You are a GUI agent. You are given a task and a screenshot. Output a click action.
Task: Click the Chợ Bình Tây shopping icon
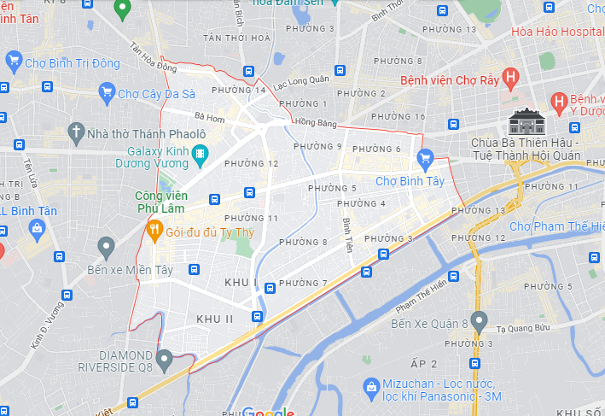(x=426, y=158)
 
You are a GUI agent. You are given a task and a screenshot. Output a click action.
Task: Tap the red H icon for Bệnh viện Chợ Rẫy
(x=510, y=79)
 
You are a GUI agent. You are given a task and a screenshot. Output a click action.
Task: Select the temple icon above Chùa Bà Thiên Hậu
(x=524, y=125)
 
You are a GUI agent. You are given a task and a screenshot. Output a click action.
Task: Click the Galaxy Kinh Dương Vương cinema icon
(x=201, y=154)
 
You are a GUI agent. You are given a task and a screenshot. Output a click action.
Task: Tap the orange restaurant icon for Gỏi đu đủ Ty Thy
(x=154, y=228)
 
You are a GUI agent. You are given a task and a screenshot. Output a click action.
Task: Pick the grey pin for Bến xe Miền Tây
(x=106, y=249)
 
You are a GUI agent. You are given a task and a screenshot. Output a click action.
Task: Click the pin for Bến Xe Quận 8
(x=479, y=322)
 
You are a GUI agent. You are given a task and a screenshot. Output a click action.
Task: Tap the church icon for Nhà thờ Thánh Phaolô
(x=76, y=133)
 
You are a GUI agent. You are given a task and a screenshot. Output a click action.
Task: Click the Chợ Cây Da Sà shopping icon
(x=107, y=92)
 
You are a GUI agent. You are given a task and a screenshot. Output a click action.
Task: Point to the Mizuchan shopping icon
(x=370, y=387)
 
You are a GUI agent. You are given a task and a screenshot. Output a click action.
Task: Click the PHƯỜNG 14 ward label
(x=238, y=90)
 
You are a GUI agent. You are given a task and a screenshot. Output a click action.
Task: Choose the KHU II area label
(x=215, y=319)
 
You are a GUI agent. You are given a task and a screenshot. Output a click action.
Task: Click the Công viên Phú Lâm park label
(x=161, y=202)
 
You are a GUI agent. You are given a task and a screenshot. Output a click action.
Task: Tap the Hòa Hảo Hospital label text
(x=557, y=32)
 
